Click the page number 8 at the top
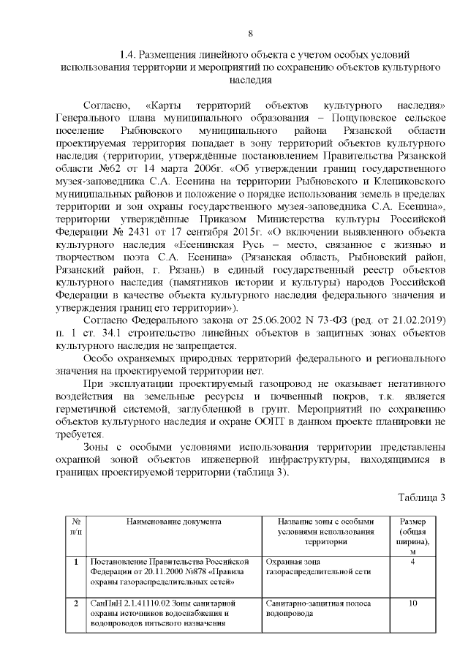tap(250, 33)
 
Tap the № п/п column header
tap(75, 527)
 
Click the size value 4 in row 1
tap(413, 562)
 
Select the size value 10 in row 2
tap(413, 603)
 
